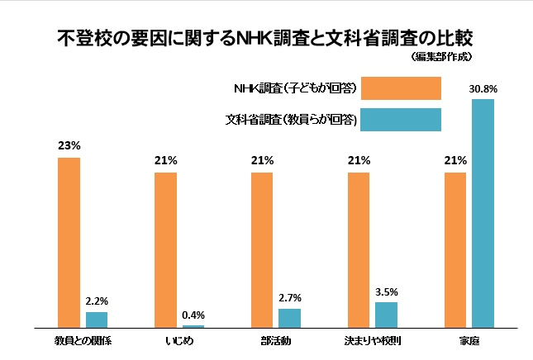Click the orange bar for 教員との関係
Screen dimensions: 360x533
coord(69,243)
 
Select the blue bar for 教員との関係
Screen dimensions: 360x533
coord(97,320)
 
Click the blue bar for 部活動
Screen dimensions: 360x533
coord(290,319)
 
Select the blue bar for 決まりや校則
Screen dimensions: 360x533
coord(387,315)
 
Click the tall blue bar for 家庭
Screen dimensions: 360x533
coord(483,214)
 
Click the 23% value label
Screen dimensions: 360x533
coord(69,145)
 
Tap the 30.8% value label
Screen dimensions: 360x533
coord(483,88)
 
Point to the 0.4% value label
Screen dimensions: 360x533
coord(193,315)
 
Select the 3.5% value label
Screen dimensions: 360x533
coord(387,291)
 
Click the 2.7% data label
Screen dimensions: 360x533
coord(290,298)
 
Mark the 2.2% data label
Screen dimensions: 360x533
coord(97,301)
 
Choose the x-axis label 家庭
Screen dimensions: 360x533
coord(469,340)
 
